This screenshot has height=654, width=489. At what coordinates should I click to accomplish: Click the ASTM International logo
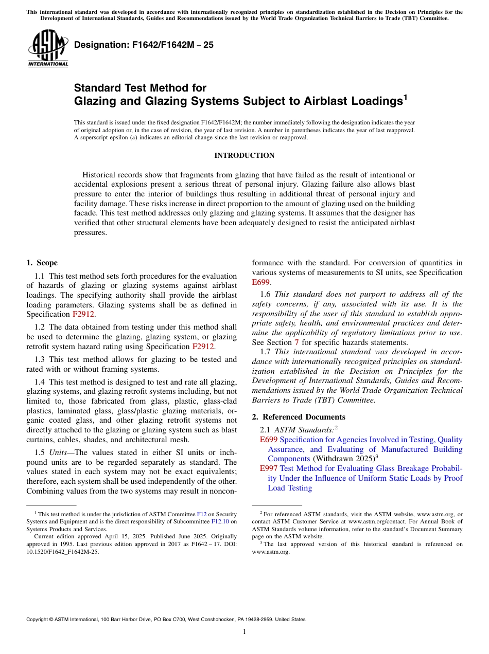coord(48,49)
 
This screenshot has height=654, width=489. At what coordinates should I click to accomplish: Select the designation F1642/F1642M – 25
coord(144,45)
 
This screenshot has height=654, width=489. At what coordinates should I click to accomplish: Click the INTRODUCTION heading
coord(244,155)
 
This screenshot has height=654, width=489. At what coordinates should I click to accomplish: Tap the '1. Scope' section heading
coord(42,263)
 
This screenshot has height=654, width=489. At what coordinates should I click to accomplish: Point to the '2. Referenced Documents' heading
coord(299,417)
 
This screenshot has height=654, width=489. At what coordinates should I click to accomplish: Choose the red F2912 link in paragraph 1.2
coord(203,347)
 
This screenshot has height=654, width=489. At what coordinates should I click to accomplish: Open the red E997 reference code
coord(268,468)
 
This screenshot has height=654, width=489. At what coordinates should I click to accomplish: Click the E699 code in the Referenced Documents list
coord(268,440)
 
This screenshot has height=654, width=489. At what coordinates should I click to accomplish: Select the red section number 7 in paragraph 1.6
coord(296,342)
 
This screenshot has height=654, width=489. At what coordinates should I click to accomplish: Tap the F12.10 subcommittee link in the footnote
coord(220,521)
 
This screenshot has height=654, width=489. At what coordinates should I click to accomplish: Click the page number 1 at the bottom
coord(244,632)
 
